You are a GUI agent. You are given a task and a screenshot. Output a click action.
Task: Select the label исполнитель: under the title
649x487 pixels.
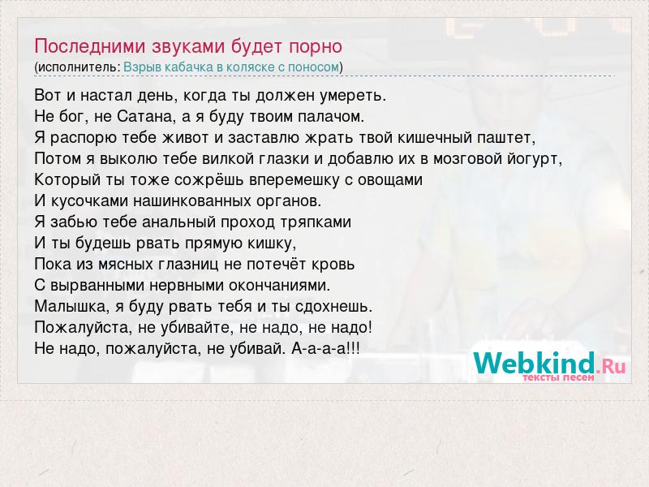point(79,67)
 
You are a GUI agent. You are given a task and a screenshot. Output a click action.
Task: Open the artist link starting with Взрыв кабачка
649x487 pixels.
point(231,67)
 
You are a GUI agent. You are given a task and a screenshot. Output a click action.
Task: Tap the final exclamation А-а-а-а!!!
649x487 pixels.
point(326,349)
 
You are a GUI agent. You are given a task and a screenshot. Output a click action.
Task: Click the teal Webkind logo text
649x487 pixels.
point(534,363)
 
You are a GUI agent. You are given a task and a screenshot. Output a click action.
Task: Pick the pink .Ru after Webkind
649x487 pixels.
point(611,366)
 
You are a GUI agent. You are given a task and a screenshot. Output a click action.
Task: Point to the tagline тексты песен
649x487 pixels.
point(558,377)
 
